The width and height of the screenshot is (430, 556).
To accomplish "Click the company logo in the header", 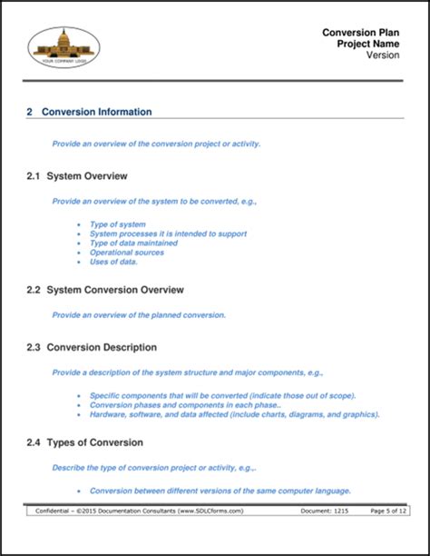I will point(64,46).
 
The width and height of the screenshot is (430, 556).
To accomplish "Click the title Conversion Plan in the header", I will point(361,33).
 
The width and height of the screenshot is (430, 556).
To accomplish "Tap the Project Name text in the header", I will point(368,44).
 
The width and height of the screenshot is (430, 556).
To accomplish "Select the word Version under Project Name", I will point(384,55).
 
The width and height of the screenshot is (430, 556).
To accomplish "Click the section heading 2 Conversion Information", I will point(89,112).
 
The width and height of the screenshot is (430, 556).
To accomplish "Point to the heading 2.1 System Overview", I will point(77,175).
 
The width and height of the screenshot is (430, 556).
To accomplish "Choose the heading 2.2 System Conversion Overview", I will point(105,290).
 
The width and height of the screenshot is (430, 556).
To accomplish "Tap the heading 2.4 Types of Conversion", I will point(85,442).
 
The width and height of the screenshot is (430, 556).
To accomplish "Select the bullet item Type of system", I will point(118,223).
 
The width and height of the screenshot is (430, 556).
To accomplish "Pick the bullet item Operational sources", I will point(127,253).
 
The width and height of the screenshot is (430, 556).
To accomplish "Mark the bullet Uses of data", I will point(114,262).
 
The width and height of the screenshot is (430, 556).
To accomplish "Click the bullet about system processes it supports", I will point(168,233).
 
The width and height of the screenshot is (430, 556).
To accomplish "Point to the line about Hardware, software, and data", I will point(234,414).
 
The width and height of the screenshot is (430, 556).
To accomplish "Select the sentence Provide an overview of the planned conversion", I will point(139,315).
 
